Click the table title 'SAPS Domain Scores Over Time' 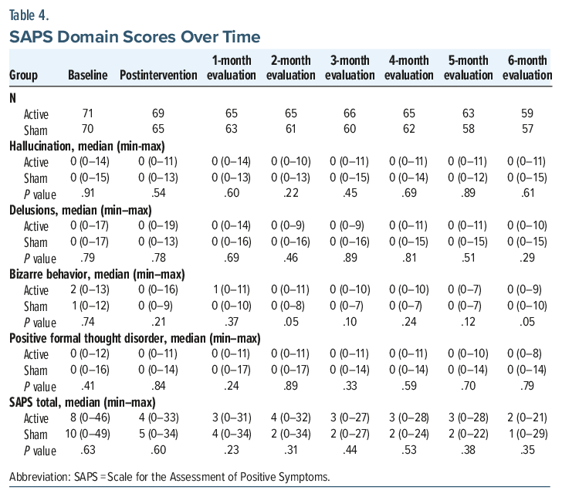pos(135,37)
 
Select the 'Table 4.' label pos(29,15)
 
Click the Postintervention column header pos(158,76)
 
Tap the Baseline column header pos(88,76)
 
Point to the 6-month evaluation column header pos(527,68)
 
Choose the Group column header pos(23,76)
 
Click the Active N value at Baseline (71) pos(88,113)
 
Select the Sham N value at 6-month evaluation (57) pos(527,129)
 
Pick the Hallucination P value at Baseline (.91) pos(88,193)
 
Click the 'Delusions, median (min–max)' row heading pos(80,211)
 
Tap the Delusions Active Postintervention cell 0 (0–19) pos(158,226)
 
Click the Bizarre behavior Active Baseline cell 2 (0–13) pos(90,290)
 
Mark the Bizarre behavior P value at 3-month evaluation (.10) pos(350,322)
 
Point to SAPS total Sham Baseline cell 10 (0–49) pos(87,434)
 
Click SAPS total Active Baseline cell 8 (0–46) pos(90,418)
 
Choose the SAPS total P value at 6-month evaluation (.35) pos(527,450)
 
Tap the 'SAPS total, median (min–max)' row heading pos(83,403)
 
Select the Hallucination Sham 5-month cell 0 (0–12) pos(468,177)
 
